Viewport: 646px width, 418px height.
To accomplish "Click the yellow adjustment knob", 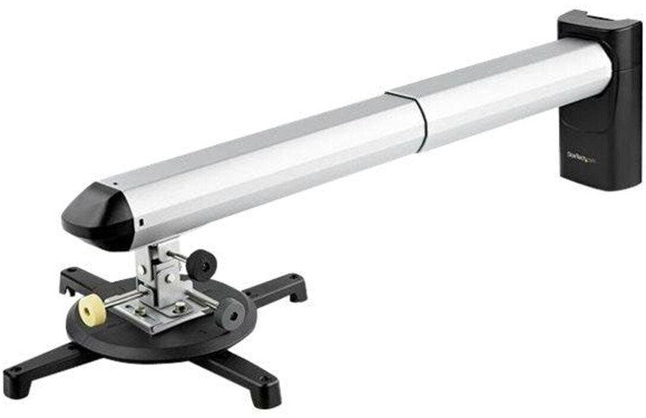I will pyautogui.click(x=92, y=310).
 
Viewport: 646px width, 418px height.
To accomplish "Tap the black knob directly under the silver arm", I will pyautogui.click(x=202, y=264).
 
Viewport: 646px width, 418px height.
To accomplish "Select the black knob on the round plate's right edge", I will pyautogui.click(x=230, y=312).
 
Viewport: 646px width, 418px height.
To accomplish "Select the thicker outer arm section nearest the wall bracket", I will pyautogui.click(x=511, y=95).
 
